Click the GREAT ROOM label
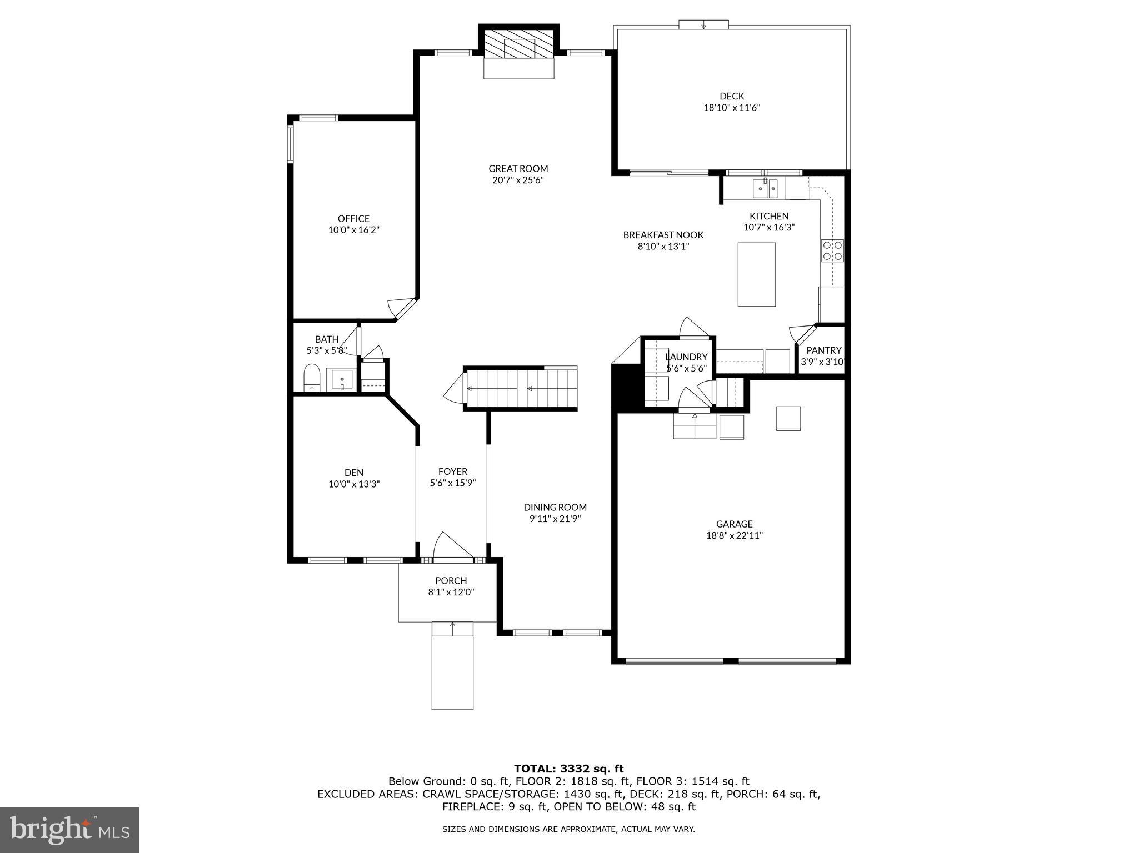[x=518, y=168]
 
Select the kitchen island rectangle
[x=756, y=274]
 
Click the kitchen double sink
[x=766, y=189]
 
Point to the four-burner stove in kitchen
[x=832, y=250]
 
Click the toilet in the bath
[x=312, y=378]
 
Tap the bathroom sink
[x=342, y=380]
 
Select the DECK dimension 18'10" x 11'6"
[x=732, y=108]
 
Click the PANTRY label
[x=823, y=350]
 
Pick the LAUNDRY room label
[x=686, y=357]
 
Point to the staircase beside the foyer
[x=520, y=388]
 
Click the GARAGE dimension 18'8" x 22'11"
[x=734, y=535]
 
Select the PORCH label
[x=451, y=580]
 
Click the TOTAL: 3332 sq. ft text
[x=568, y=769]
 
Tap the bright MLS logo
[x=69, y=830]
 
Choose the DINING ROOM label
[x=555, y=506]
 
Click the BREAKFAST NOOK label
[x=663, y=234]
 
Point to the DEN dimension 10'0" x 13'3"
[x=354, y=484]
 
